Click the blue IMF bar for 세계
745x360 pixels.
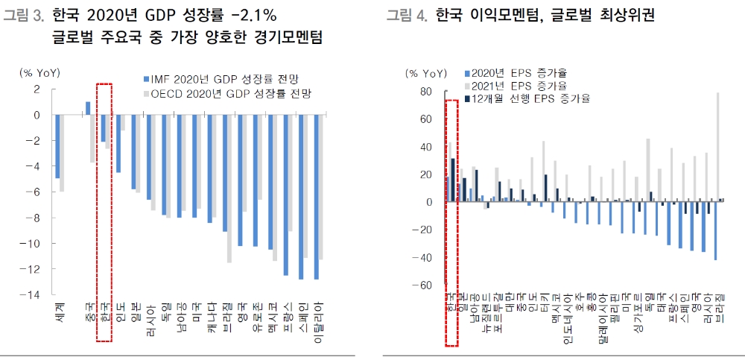coord(57,147)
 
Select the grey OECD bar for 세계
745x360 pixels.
coord(63,153)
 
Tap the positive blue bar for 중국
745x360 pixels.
coord(88,109)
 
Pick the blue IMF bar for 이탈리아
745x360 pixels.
coord(317,197)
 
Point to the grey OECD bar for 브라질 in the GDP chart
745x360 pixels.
coord(230,189)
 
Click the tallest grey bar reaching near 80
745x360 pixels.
coord(718,146)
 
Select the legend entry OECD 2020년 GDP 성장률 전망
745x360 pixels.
coord(230,95)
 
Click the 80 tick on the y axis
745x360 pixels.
coord(425,92)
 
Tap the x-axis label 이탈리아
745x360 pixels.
coord(318,320)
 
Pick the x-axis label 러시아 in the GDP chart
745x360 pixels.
coord(151,315)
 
